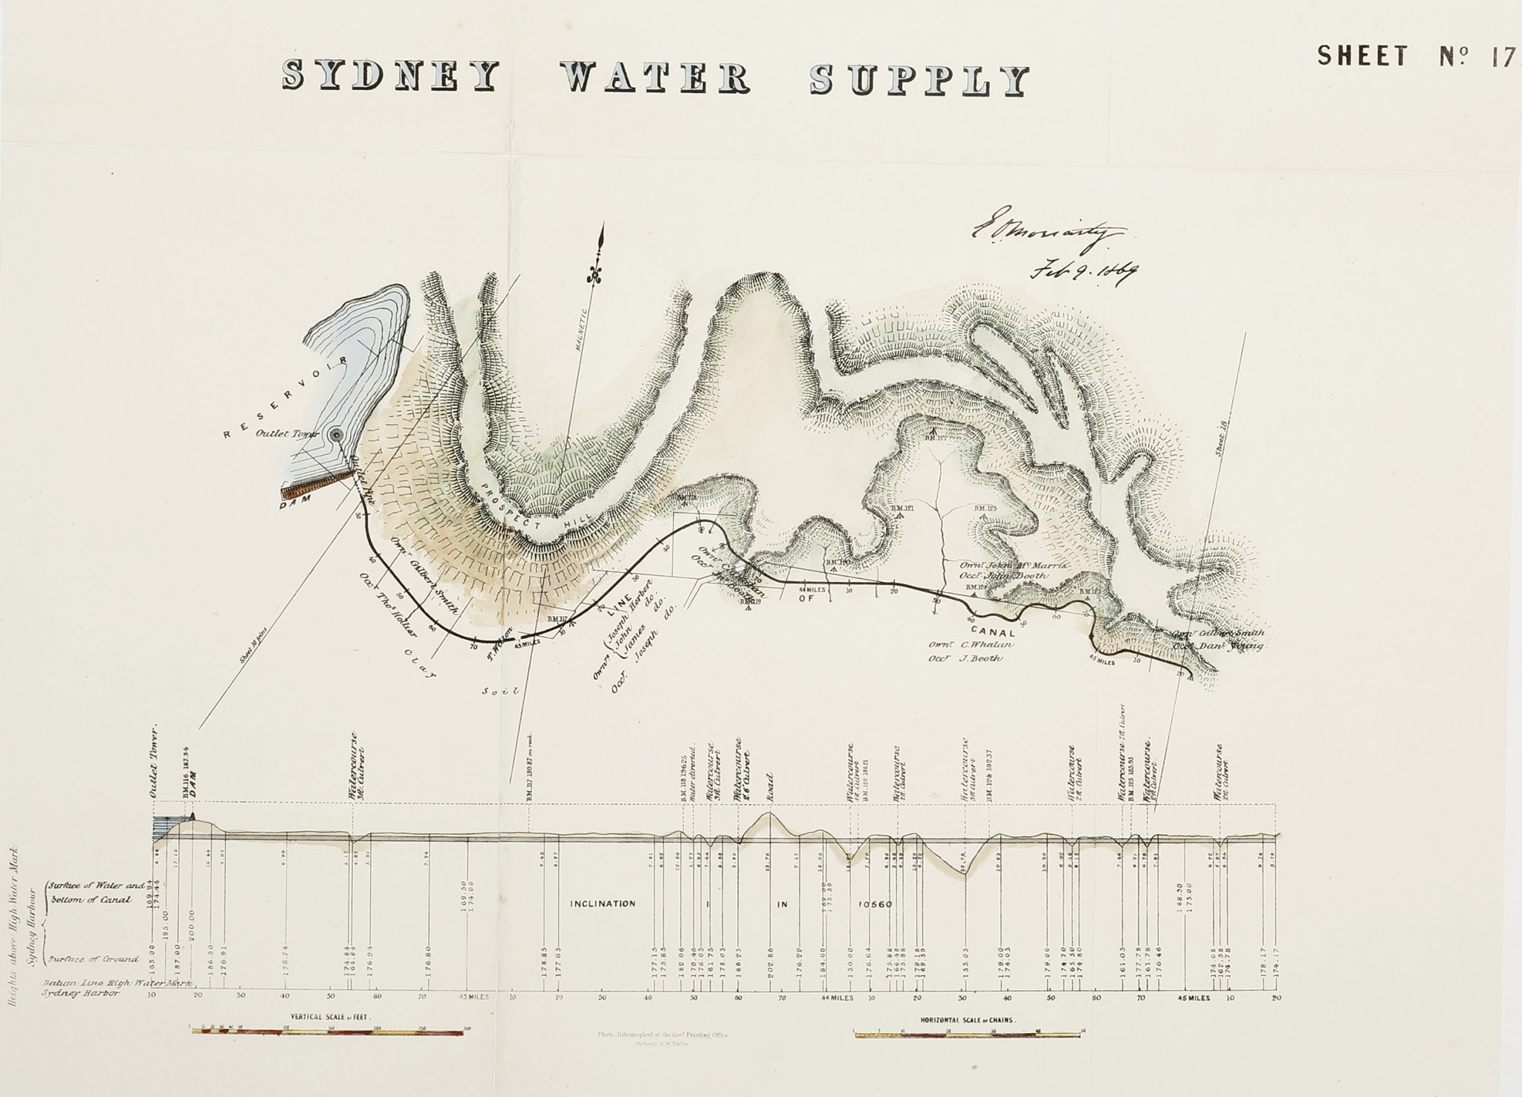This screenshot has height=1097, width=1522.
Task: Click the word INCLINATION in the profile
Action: click(x=602, y=904)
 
